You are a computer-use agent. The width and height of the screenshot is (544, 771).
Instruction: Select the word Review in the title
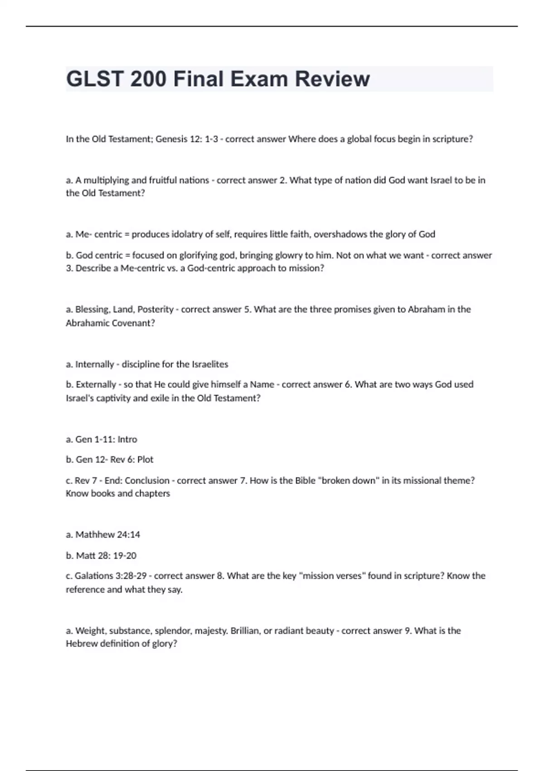click(332, 79)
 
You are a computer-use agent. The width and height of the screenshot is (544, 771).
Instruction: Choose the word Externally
click(96, 385)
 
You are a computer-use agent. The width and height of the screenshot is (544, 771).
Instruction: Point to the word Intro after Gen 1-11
click(127, 439)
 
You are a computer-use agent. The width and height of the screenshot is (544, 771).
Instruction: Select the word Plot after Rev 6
click(145, 459)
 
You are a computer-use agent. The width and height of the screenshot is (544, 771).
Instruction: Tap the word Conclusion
click(147, 480)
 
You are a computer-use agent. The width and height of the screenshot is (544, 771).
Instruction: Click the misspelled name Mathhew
click(95, 535)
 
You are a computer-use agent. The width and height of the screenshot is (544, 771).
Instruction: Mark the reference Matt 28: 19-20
click(106, 556)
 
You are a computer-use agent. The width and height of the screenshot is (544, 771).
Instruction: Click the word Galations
click(94, 576)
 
